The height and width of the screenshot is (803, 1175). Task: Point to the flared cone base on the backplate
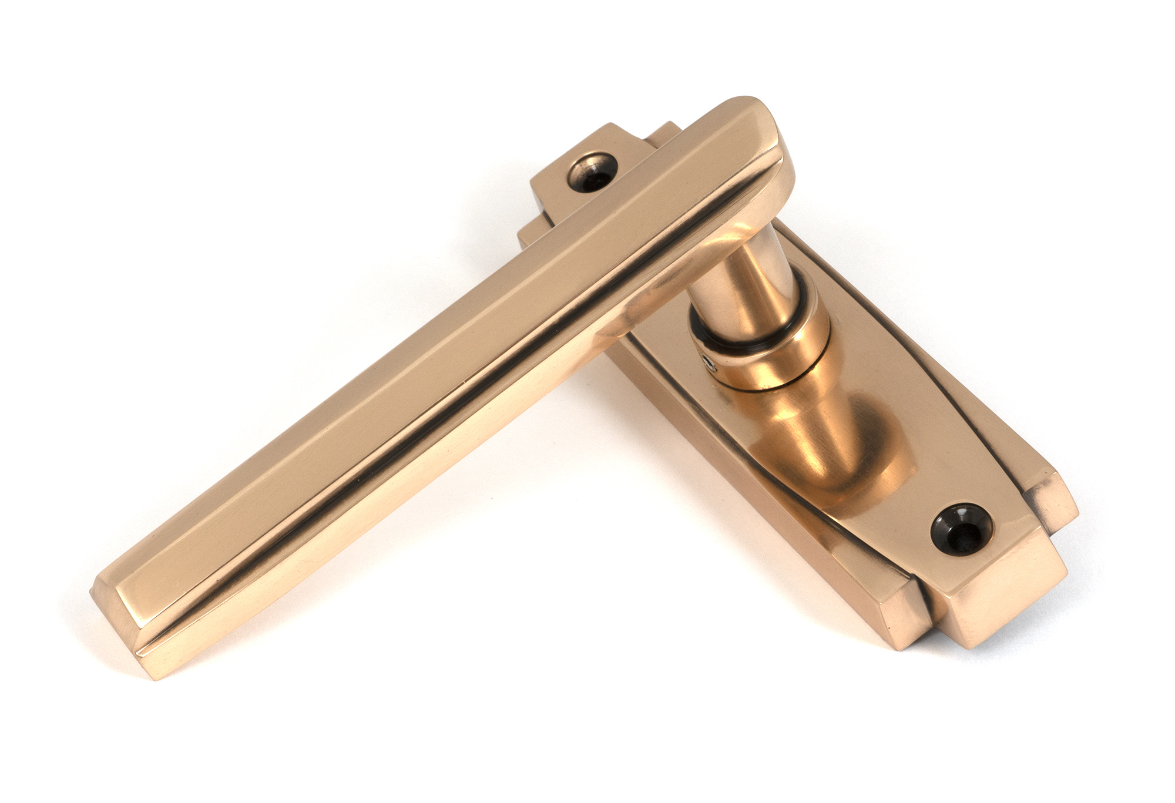click(x=834, y=446)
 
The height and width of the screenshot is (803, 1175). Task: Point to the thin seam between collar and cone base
click(x=781, y=382)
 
